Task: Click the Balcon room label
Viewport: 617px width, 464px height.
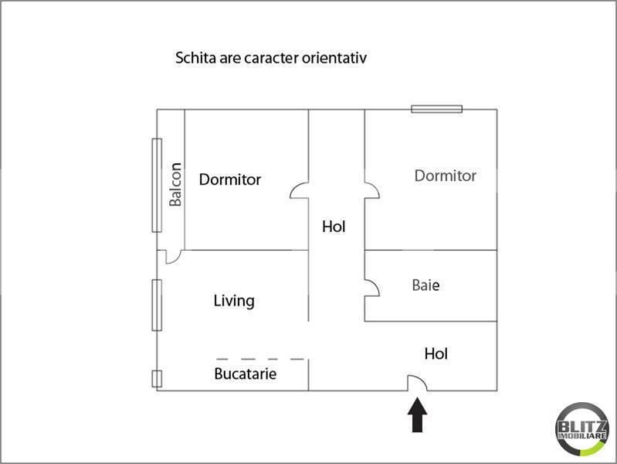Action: tap(175, 184)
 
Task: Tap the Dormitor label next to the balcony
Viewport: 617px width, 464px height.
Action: tap(230, 179)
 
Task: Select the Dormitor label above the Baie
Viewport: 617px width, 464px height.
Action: tap(446, 176)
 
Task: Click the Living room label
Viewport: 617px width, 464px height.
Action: tap(234, 301)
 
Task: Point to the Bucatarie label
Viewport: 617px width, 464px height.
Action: tap(245, 374)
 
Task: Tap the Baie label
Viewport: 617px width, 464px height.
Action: tap(425, 285)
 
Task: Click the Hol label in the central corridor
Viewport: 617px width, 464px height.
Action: tap(334, 227)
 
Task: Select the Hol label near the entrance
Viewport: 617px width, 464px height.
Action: tap(436, 353)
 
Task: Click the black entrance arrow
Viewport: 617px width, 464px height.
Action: tap(417, 415)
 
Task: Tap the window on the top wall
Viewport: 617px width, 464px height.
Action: tap(437, 109)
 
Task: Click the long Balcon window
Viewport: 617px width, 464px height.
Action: tap(157, 186)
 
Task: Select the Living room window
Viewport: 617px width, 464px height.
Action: tap(157, 305)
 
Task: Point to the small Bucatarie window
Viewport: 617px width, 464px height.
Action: tap(157, 379)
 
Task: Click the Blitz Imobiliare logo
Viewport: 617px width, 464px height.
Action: tap(582, 429)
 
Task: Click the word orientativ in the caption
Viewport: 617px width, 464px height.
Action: tap(334, 58)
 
